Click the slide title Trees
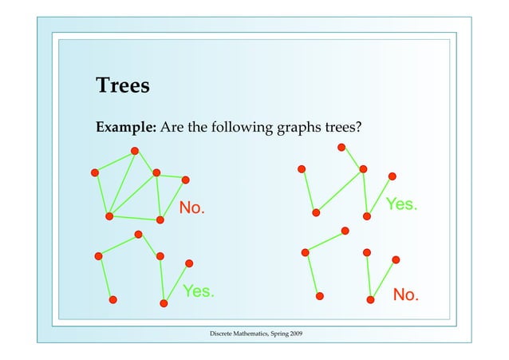[122, 85]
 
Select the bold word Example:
[126, 127]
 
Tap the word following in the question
[246, 127]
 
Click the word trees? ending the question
[344, 127]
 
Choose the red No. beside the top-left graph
[191, 209]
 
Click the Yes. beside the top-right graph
[400, 204]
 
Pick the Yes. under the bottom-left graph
[199, 291]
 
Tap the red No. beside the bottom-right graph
[405, 296]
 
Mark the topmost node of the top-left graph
[135, 151]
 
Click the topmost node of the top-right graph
[341, 147]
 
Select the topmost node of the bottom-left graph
[138, 234]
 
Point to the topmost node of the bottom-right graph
[345, 231]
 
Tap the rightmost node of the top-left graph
[186, 180]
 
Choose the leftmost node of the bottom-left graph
[98, 255]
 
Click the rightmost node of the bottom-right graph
[396, 259]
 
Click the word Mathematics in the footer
[253, 331]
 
